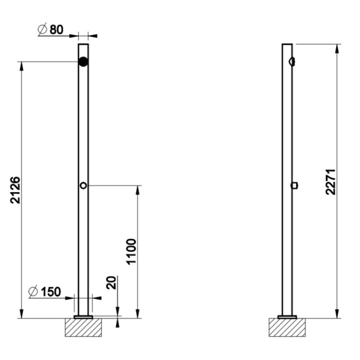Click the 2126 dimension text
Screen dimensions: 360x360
click(15, 189)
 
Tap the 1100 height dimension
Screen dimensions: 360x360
click(131, 251)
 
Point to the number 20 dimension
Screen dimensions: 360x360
click(111, 282)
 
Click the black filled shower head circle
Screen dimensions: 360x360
click(83, 62)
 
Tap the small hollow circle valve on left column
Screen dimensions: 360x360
click(83, 185)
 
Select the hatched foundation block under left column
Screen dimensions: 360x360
click(83, 327)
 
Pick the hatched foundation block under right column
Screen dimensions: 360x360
click(287, 327)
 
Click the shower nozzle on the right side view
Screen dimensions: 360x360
click(292, 61)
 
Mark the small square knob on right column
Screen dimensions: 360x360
click(294, 185)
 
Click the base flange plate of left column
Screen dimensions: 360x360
click(83, 316)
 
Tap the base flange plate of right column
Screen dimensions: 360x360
click(287, 316)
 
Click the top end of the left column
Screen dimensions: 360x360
click(83, 45)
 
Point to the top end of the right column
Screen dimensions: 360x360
click(287, 45)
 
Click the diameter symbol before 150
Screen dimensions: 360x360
click(33, 291)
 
